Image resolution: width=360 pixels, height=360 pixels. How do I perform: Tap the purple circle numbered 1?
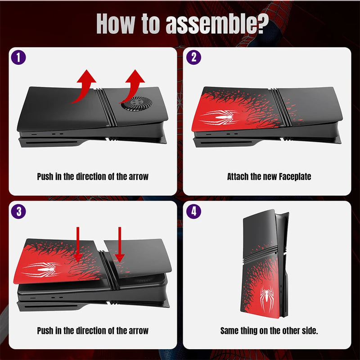click(18, 58)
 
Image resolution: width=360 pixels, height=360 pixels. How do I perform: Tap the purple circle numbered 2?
click(193, 58)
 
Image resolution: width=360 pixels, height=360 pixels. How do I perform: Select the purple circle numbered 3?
click(18, 212)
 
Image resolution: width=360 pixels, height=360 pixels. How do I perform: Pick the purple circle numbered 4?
click(193, 212)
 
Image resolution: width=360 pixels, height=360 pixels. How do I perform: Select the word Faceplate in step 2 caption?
click(292, 177)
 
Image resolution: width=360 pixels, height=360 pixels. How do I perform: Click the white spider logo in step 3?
click(41, 270)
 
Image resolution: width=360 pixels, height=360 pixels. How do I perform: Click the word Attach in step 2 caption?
click(238, 177)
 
